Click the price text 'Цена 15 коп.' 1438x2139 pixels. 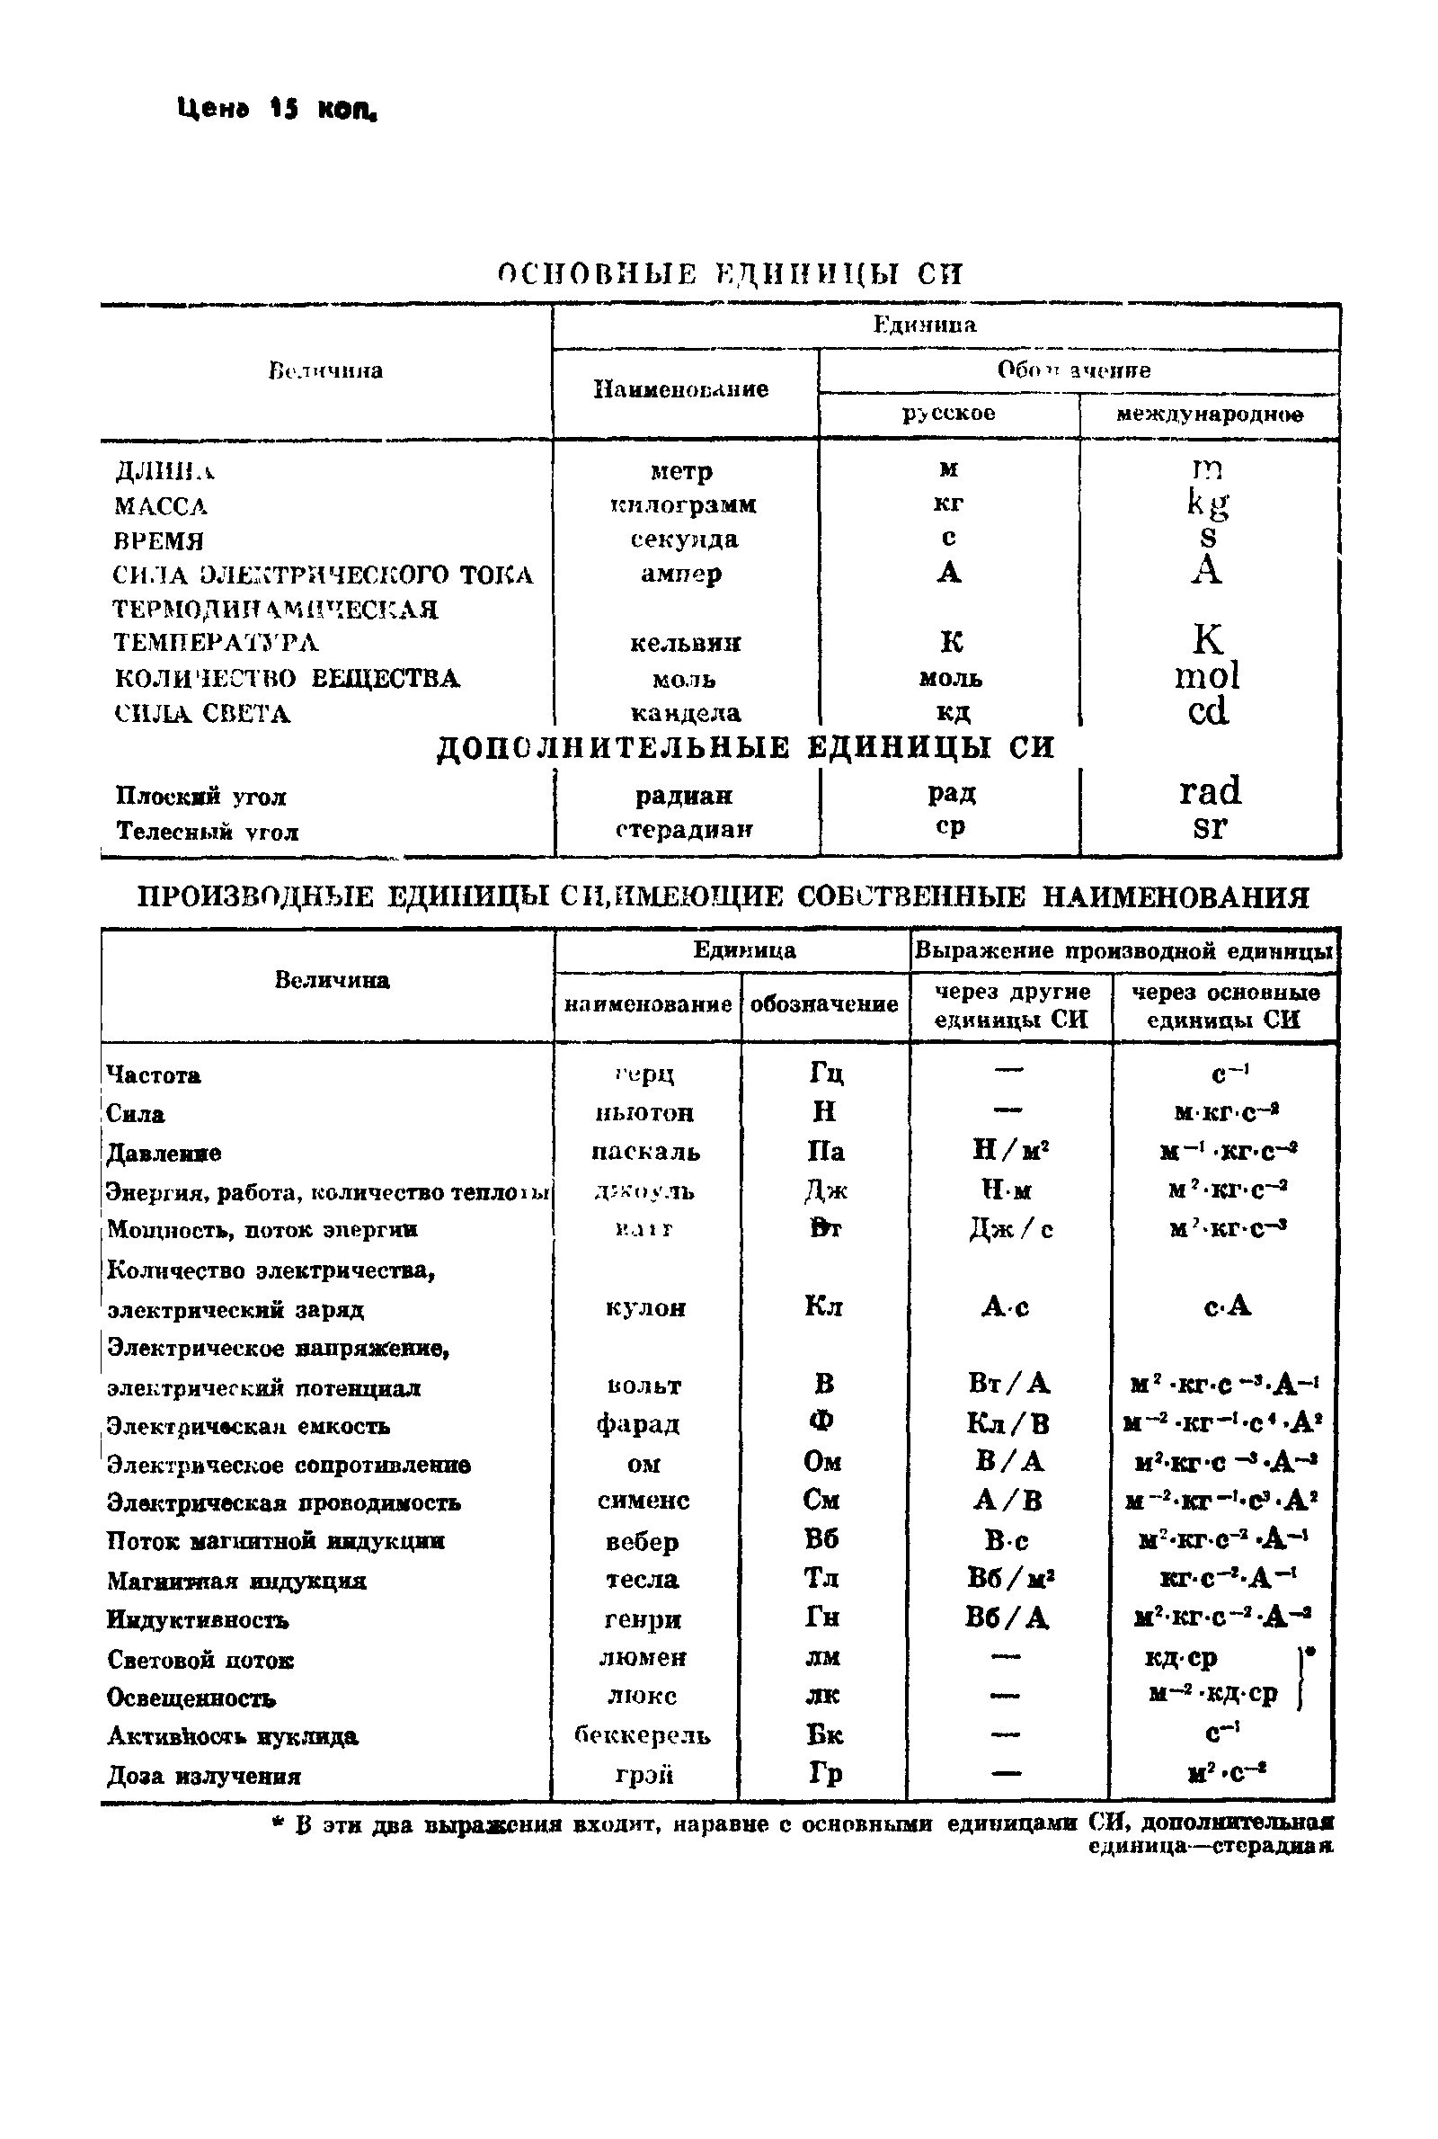[277, 109]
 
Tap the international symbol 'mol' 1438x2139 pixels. [1207, 676]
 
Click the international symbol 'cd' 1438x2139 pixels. [1207, 712]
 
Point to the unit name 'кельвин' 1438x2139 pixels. [685, 643]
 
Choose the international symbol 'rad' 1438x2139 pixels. [1210, 790]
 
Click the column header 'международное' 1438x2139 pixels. [1209, 414]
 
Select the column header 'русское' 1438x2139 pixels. [948, 414]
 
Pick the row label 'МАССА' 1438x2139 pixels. [162, 506]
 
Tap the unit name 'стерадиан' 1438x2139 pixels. [684, 829]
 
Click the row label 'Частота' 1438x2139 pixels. [153, 1075]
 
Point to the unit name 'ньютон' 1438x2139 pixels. [644, 1113]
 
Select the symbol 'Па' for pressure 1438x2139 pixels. [825, 1152]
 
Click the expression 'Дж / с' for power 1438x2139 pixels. [1010, 1229]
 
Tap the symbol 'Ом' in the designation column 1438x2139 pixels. [822, 1462]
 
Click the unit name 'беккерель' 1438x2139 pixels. [642, 1735]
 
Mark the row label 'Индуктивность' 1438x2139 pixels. [197, 1620]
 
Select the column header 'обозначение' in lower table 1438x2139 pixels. [823, 1004]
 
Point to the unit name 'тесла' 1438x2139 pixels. [642, 1580]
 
